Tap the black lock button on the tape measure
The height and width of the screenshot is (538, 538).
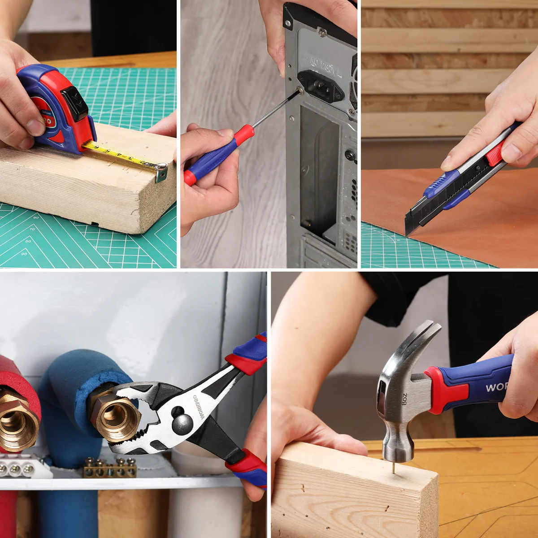75,104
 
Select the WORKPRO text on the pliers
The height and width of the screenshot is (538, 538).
198,406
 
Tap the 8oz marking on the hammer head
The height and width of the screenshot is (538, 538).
404,399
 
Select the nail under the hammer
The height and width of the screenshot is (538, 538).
393,468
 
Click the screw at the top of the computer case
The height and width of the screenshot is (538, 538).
322,32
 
